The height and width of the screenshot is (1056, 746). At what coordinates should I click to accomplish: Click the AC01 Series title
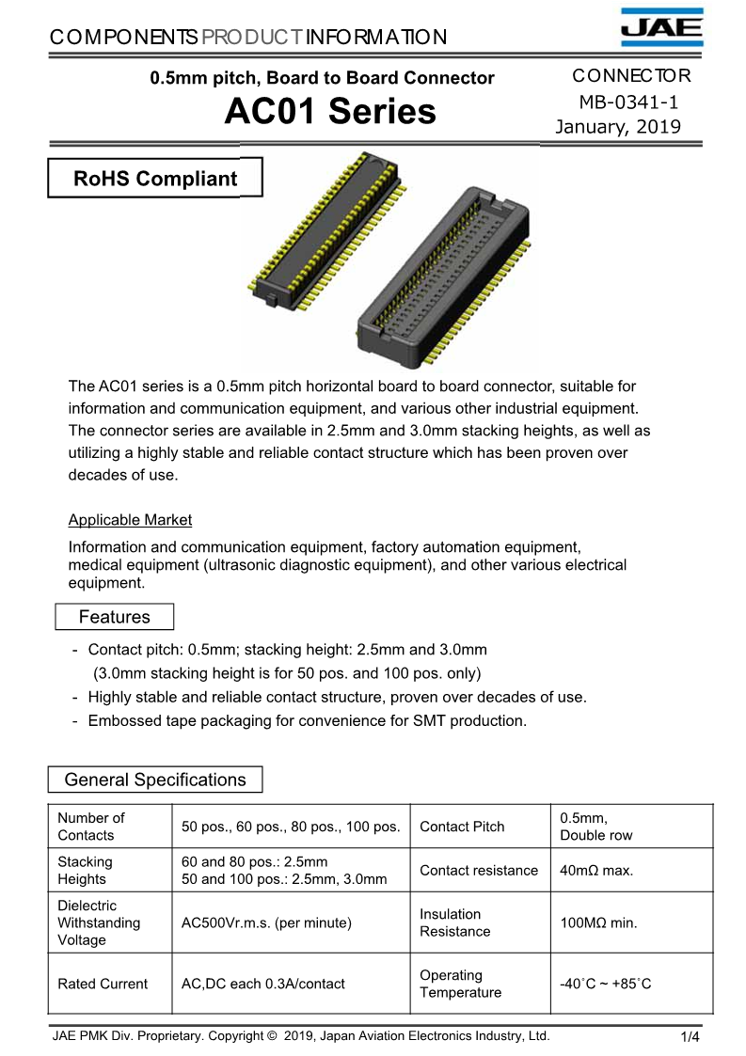[330, 112]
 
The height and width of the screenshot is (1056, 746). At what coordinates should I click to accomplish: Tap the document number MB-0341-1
[628, 102]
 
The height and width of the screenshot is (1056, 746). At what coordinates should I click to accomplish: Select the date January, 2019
[618, 127]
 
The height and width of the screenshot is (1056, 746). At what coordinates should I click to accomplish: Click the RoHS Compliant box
[155, 179]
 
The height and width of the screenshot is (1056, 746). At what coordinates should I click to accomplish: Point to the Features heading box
[114, 617]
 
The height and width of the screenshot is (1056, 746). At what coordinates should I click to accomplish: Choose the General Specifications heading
[155, 780]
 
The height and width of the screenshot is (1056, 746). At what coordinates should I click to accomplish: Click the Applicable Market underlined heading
[130, 520]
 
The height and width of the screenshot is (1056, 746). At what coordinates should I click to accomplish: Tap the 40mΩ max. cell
[596, 871]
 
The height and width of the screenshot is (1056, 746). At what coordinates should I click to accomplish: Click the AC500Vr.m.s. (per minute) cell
[266, 922]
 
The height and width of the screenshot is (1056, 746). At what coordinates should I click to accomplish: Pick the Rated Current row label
[103, 984]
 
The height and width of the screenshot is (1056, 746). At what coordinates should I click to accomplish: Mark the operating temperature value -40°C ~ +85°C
[605, 984]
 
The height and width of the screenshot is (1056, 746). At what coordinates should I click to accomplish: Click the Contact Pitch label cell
[462, 827]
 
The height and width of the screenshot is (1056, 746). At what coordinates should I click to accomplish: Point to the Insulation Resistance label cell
[455, 922]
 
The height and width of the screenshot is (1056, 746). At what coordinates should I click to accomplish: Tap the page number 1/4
[690, 1037]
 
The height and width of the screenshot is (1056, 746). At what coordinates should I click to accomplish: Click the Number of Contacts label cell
[90, 827]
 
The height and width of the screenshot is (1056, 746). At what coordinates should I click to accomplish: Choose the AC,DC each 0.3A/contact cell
[262, 984]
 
